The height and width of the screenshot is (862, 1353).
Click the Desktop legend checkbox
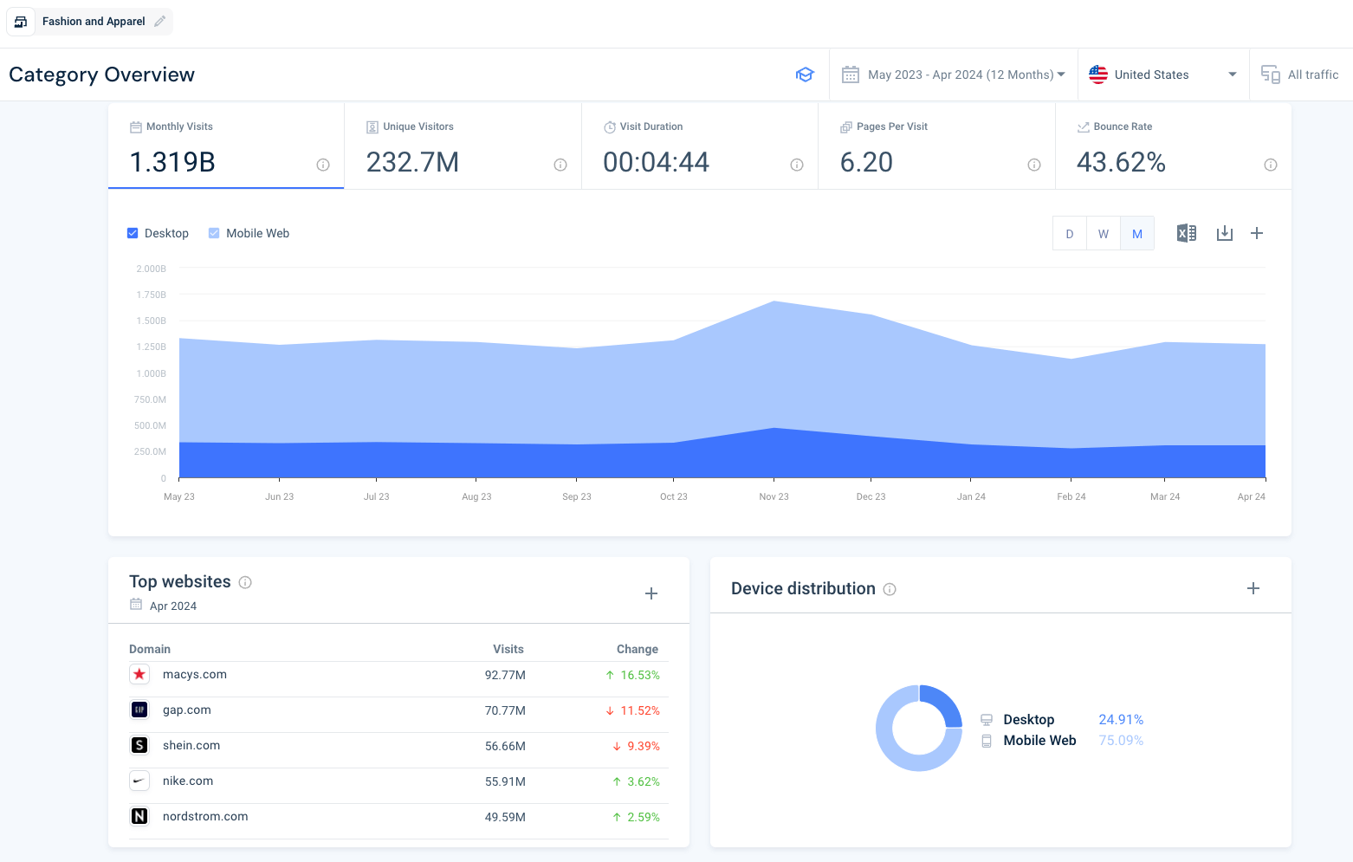[x=133, y=233]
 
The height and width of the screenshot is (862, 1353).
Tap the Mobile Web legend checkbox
[x=214, y=233]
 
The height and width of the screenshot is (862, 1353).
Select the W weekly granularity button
[x=1103, y=234]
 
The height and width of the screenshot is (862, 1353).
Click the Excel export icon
[x=1187, y=233]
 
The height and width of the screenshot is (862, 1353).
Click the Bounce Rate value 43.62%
[x=1121, y=162]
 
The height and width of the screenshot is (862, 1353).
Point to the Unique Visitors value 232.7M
[x=412, y=162]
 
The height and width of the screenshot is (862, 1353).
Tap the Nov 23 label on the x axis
[x=774, y=496]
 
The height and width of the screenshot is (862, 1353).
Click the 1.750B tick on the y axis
[x=151, y=295]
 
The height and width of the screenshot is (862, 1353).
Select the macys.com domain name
[x=195, y=674]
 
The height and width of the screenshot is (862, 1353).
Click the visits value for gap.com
[x=505, y=710]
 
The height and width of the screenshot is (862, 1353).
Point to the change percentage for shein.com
[x=644, y=746]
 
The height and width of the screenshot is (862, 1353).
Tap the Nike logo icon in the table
[x=139, y=781]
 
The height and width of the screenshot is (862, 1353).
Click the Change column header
[x=638, y=649]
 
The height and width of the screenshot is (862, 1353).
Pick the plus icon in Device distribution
[x=1253, y=588]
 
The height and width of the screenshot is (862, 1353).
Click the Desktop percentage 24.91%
[x=1121, y=719]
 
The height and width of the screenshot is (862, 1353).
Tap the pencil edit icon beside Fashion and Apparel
[x=159, y=22]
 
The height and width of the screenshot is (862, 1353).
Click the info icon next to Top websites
[x=244, y=582]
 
